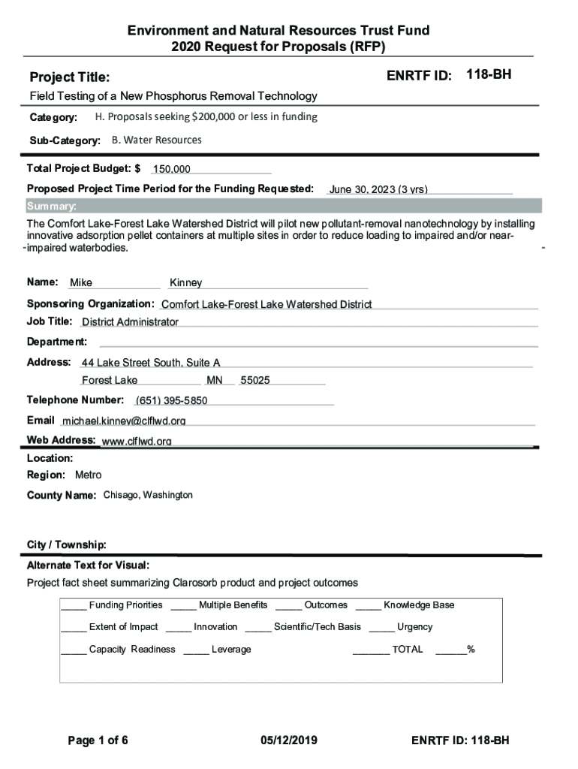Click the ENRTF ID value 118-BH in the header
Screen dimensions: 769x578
click(489, 74)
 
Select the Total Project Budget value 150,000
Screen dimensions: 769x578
click(172, 170)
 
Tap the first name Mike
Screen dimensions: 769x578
click(81, 283)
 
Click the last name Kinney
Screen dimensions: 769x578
click(186, 283)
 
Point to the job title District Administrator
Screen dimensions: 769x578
click(130, 322)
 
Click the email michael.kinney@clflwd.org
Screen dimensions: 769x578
click(124, 421)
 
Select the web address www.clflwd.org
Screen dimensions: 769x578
click(137, 441)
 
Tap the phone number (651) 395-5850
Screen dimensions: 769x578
click(171, 400)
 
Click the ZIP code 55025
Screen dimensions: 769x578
click(255, 381)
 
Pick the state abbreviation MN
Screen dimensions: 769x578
click(215, 381)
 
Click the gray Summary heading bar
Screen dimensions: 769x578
click(283, 207)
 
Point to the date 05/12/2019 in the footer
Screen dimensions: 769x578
click(289, 741)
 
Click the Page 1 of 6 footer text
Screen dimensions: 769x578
click(98, 741)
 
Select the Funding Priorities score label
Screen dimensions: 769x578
click(125, 605)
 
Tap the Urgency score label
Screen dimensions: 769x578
click(414, 627)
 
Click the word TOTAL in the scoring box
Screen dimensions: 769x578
click(407, 650)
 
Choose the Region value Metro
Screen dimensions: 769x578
click(88, 475)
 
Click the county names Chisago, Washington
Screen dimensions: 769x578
click(148, 496)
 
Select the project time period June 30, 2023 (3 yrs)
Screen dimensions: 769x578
click(378, 189)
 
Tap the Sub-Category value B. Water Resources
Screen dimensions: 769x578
click(156, 140)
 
